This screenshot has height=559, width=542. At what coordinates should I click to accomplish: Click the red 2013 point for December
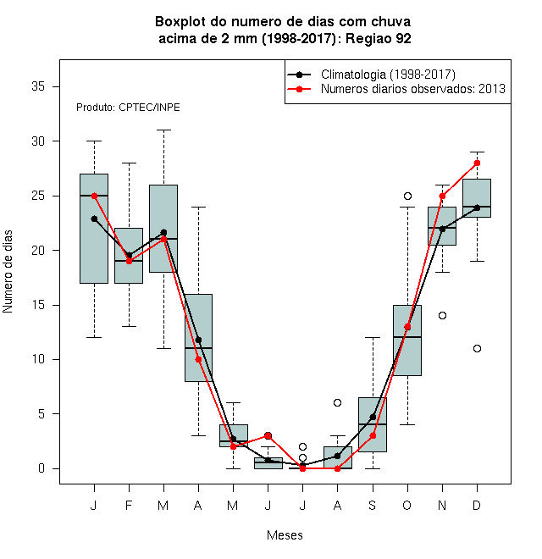477,163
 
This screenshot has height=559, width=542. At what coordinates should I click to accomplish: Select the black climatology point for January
94,219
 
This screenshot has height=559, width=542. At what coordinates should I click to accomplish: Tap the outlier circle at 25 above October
407,196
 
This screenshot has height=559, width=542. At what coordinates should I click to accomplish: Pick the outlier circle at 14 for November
442,316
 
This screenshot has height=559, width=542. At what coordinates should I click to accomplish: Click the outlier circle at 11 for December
477,348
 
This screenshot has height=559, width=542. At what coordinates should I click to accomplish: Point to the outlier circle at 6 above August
337,403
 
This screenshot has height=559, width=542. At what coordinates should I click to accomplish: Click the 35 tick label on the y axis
38,86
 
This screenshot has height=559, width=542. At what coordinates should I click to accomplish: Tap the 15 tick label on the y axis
38,305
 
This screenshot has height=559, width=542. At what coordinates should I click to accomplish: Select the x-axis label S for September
373,505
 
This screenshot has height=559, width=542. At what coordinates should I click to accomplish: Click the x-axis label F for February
129,505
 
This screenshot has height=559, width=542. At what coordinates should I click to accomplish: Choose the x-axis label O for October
406,505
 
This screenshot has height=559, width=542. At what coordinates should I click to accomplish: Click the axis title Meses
285,535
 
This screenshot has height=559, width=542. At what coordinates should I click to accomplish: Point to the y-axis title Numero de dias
8,272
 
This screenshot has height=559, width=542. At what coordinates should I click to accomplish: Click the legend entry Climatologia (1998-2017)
388,75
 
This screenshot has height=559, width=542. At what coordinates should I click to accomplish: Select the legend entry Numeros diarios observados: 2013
413,89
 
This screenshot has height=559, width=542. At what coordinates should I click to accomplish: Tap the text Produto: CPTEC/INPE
128,108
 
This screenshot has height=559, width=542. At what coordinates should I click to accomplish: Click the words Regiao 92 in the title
379,38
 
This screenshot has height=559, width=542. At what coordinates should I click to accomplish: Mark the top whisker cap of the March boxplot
163,130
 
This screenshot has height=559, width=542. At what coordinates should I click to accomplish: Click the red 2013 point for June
268,435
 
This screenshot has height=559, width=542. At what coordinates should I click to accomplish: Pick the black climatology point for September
373,417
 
